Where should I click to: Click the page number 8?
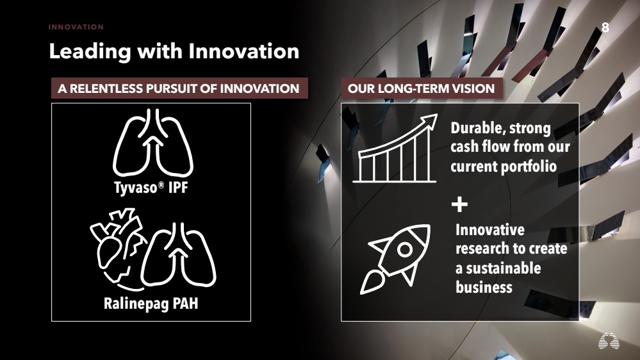605,28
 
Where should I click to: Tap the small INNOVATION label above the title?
76,27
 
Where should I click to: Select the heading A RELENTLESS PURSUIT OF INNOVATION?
179,88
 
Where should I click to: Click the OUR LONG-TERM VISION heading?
422,88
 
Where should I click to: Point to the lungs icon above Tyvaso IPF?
153,142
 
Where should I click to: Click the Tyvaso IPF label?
151,188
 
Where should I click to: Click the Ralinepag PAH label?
151,304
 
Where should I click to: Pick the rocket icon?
395,259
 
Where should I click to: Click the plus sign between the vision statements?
459,204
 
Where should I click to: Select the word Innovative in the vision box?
490,230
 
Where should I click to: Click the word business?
484,287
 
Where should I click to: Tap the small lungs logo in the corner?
609,340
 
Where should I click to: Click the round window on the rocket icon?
404,249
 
